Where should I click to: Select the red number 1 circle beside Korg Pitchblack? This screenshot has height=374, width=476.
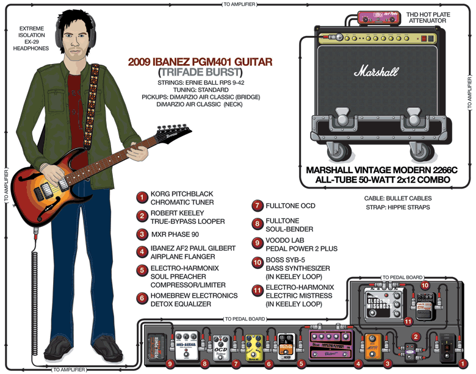point(142,198)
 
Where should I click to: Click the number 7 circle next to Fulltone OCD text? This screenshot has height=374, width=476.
point(258,206)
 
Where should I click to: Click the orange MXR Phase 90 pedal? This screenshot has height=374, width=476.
point(372,345)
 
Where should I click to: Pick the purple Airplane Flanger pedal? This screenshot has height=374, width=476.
point(333,343)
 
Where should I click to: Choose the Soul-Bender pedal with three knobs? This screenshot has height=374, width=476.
point(187,347)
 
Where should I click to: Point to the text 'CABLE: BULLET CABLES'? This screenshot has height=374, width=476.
point(398,198)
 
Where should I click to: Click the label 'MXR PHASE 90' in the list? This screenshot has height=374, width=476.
point(176,234)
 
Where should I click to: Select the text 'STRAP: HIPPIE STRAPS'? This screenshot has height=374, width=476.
point(398,207)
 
